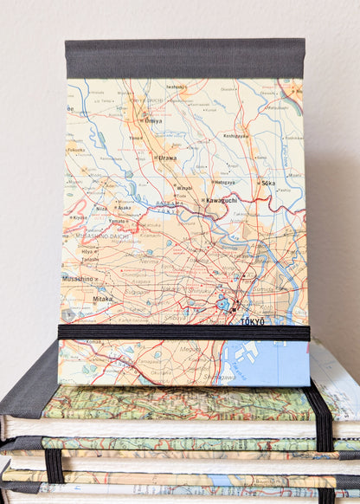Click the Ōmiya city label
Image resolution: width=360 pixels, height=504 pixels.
(x=154, y=121)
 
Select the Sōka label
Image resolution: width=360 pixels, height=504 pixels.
(x=267, y=184)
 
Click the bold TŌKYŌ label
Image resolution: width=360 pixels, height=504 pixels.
(x=252, y=321)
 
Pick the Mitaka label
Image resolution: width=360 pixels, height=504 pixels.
(x=102, y=299)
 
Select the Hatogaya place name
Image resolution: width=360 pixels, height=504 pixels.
(x=224, y=183)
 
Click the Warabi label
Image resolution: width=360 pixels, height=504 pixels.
(x=184, y=188)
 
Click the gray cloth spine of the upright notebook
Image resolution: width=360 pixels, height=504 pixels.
(x=184, y=58)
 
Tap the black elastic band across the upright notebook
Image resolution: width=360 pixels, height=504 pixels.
(x=183, y=332)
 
